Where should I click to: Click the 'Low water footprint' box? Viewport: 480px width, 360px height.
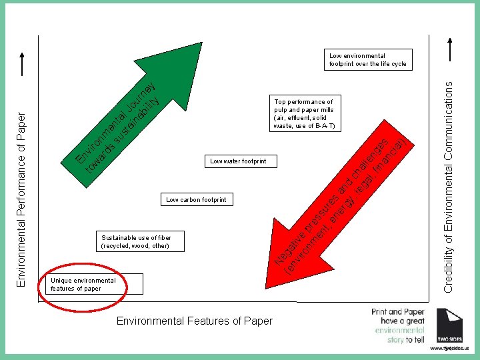click(x=238, y=161)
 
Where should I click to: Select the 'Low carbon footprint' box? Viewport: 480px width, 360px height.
click(x=196, y=199)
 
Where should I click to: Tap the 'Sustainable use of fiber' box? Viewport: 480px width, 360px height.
click(x=136, y=241)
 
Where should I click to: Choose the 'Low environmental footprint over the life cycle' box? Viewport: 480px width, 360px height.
click(x=367, y=60)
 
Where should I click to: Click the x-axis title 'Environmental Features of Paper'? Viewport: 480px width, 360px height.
click(x=195, y=321)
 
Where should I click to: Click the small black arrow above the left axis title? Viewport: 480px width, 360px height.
click(x=23, y=64)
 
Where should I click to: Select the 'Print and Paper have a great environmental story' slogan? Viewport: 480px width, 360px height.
click(x=397, y=325)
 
